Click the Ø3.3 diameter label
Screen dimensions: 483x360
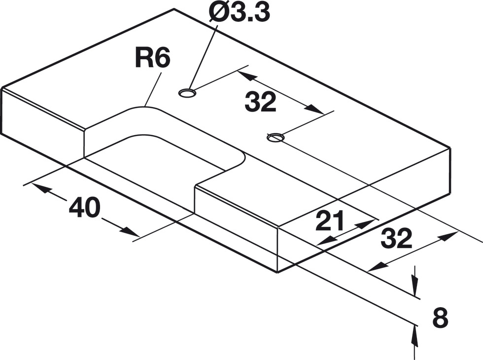click(239, 13)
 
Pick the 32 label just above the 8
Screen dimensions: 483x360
click(396, 238)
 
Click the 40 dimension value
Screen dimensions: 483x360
click(85, 208)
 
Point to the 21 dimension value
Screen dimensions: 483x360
click(329, 221)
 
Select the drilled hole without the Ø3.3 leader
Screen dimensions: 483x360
click(275, 138)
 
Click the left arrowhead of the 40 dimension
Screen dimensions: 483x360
click(40, 189)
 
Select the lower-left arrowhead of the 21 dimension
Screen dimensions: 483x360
click(326, 240)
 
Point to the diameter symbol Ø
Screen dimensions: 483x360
click(218, 13)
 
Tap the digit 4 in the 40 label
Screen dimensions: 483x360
click(76, 208)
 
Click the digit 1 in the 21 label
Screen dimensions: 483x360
click(337, 221)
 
